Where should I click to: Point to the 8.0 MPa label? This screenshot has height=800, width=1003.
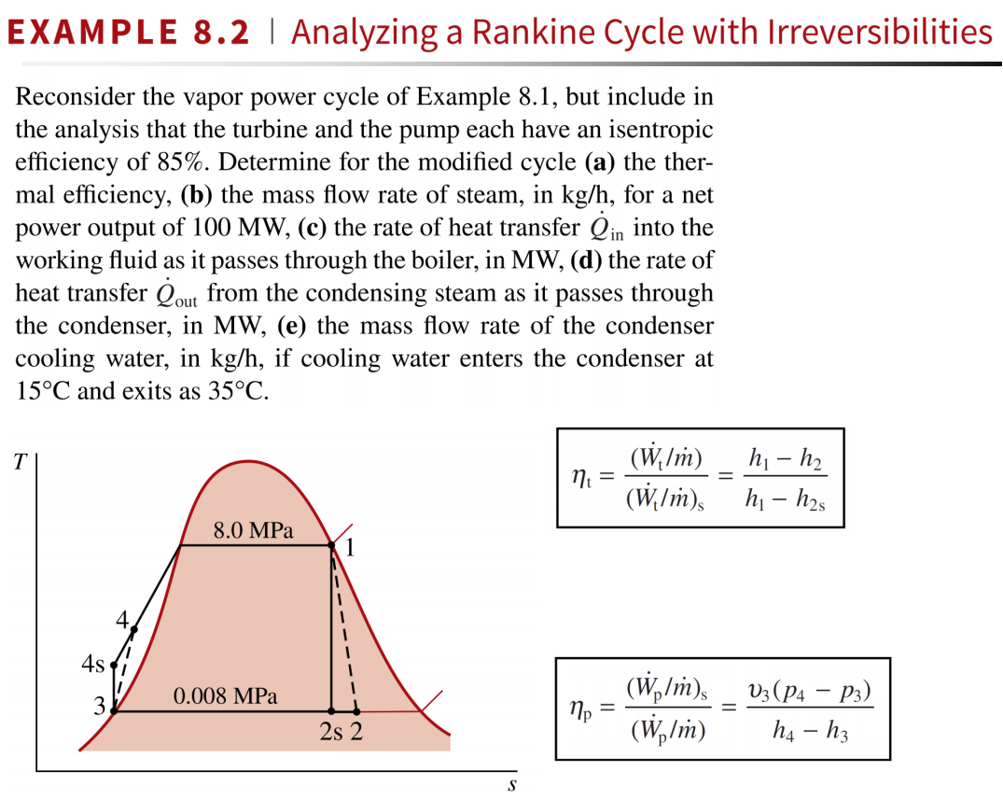click(253, 531)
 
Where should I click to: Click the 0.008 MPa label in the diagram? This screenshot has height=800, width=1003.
click(226, 696)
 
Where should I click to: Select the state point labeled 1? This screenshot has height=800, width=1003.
click(332, 544)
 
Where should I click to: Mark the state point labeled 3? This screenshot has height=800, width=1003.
click(114, 711)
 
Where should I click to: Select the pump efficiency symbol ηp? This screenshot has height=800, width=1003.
click(580, 712)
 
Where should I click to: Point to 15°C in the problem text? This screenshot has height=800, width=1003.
click(43, 391)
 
